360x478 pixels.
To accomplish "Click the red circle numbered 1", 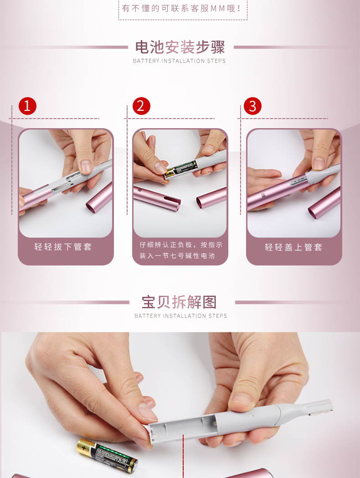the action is coord(27,106).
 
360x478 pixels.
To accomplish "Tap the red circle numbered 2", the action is coord(141,106).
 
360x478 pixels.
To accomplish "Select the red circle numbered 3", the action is coord(252,106).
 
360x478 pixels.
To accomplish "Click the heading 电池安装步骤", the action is coord(180,47).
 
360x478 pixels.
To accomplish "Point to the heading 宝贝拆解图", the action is coord(180,302).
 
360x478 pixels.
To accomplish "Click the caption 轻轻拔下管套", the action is coord(63,247).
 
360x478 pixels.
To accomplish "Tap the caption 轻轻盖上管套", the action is coord(293,247).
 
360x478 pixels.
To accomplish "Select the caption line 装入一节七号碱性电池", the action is coord(177,256).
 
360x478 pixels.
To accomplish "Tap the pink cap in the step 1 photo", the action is coord(99,197).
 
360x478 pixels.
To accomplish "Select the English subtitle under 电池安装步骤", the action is coord(180,61).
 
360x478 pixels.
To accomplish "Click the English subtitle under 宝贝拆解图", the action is coord(180,316).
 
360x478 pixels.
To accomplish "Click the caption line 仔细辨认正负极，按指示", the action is coord(181,245).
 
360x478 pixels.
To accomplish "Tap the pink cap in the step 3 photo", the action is coord(324,203).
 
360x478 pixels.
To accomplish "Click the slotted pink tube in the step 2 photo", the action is coord(157,196).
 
